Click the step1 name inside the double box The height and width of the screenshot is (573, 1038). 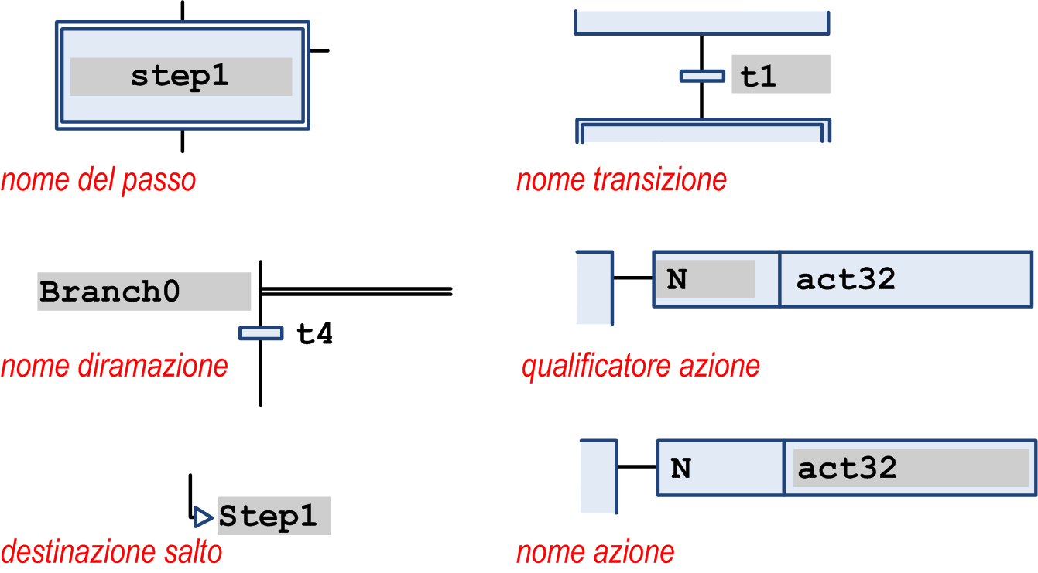180,77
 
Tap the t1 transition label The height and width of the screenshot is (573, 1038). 759,77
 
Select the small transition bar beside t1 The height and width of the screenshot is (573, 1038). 702,76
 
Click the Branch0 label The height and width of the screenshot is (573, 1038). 110,292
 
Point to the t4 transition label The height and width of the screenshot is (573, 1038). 315,334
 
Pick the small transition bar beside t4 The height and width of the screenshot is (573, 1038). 261,333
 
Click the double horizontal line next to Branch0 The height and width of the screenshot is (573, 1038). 357,292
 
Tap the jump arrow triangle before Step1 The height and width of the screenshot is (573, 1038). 204,516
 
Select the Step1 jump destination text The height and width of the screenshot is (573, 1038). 268,517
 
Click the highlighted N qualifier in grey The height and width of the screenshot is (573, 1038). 677,279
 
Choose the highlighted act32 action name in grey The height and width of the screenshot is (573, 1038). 848,468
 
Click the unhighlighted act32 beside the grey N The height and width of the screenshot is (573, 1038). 846,279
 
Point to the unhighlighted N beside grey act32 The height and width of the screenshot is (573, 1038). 680,469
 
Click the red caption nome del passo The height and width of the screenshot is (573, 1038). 98,181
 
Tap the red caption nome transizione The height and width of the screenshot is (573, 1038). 622,180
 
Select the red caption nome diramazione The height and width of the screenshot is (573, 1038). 115,366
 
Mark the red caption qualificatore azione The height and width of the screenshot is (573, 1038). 641,366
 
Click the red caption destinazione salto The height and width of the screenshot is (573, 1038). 111,552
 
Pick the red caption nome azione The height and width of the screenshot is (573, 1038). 595,552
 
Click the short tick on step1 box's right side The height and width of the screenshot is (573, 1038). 319,50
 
